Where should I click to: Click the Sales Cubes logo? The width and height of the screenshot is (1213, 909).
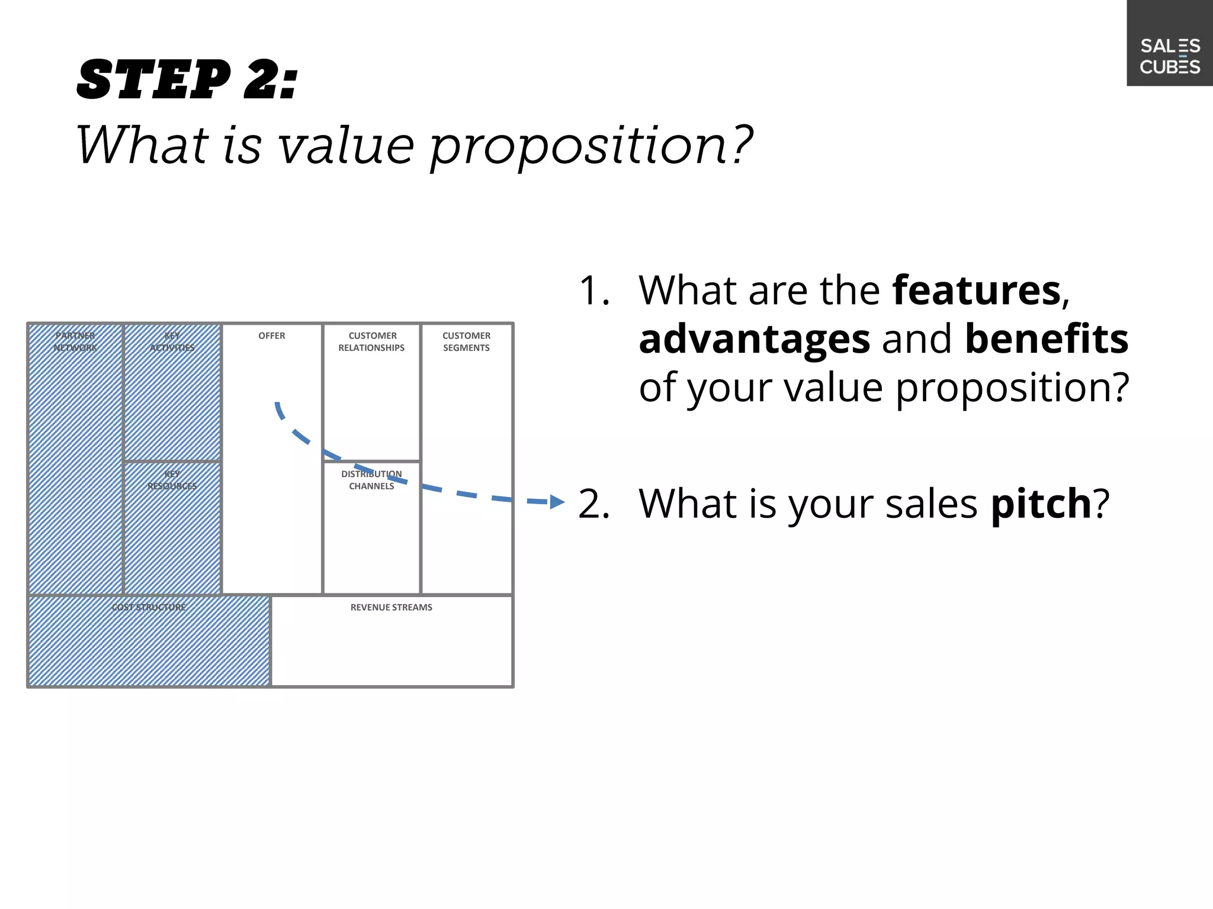pyautogui.click(x=1170, y=56)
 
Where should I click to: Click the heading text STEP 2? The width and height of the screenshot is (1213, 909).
pyautogui.click(x=187, y=80)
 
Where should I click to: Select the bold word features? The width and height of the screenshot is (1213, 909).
pyautogui.click(x=977, y=291)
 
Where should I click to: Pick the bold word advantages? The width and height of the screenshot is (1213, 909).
pyautogui.click(x=755, y=339)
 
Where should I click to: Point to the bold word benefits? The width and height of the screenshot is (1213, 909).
pyautogui.click(x=1047, y=339)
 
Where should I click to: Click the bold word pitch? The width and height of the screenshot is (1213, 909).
pyautogui.click(x=1041, y=504)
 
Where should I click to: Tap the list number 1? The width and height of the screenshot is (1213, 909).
pyautogui.click(x=593, y=291)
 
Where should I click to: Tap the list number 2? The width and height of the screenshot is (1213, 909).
pyautogui.click(x=593, y=504)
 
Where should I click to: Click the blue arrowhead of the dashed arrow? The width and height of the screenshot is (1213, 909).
pyautogui.click(x=557, y=502)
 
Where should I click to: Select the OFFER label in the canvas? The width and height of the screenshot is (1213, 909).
pyautogui.click(x=272, y=336)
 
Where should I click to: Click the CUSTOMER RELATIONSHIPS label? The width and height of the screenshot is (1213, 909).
pyautogui.click(x=372, y=341)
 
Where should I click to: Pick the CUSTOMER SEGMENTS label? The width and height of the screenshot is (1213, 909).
pyautogui.click(x=467, y=341)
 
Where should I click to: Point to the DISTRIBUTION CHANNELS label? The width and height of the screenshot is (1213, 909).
pyautogui.click(x=371, y=480)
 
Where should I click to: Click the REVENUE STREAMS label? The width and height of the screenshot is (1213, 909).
pyautogui.click(x=392, y=607)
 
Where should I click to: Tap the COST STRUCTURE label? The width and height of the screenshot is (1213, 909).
pyautogui.click(x=149, y=607)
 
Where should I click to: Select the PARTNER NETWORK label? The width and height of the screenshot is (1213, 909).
pyautogui.click(x=75, y=341)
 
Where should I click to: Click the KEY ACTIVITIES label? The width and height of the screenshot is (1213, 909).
pyautogui.click(x=172, y=341)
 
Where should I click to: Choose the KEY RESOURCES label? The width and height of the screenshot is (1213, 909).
pyautogui.click(x=172, y=480)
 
